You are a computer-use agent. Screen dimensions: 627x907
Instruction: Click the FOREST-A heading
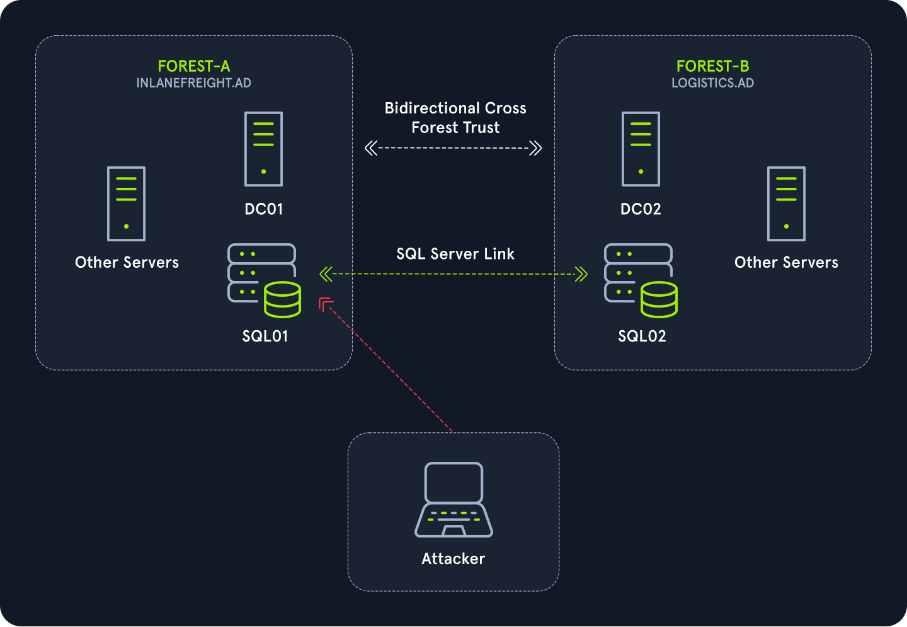(x=194, y=66)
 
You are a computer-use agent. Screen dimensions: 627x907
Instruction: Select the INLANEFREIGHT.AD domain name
(x=194, y=83)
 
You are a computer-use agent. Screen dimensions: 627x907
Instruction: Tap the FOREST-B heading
(x=712, y=66)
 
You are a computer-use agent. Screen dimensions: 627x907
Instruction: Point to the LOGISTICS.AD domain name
(x=712, y=83)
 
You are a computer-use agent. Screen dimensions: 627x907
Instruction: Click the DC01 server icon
(x=263, y=149)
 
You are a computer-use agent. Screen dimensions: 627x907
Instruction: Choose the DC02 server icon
(x=641, y=149)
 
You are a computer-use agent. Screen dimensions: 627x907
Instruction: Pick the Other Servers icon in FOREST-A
(x=126, y=204)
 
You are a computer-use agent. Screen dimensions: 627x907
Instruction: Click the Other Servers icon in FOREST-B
(x=786, y=204)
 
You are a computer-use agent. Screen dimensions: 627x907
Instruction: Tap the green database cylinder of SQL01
(x=282, y=299)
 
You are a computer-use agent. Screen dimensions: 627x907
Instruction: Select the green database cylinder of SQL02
(x=659, y=299)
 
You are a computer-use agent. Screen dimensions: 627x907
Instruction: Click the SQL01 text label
(x=265, y=337)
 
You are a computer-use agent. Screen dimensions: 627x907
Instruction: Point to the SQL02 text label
(x=642, y=337)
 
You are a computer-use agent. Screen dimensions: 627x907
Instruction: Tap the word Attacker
(x=453, y=559)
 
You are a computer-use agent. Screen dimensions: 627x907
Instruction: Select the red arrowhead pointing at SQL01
(x=326, y=304)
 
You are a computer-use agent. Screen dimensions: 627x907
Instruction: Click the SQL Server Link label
(x=455, y=254)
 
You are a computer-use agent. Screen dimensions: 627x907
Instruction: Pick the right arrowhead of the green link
(x=581, y=274)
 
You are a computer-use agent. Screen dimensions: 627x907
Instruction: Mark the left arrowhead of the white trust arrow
(x=371, y=149)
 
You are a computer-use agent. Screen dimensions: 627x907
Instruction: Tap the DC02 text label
(x=641, y=209)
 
